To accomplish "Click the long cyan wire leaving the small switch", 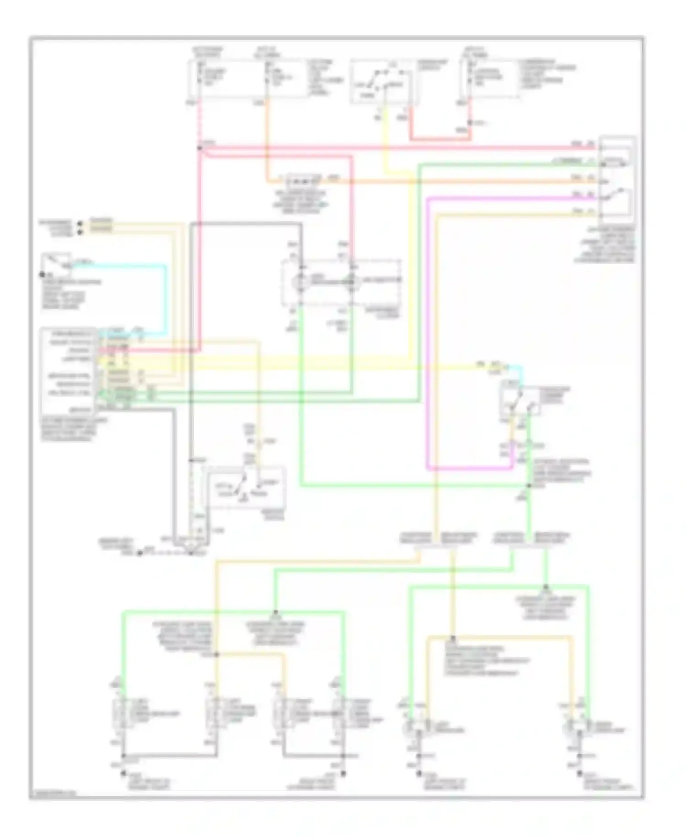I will pos(165,297).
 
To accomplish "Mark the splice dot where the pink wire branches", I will pos(199,148).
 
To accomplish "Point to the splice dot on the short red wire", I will pos(470,123).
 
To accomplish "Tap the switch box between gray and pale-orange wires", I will pos(247,487).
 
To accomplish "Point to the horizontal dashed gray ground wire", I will pos(165,553).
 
